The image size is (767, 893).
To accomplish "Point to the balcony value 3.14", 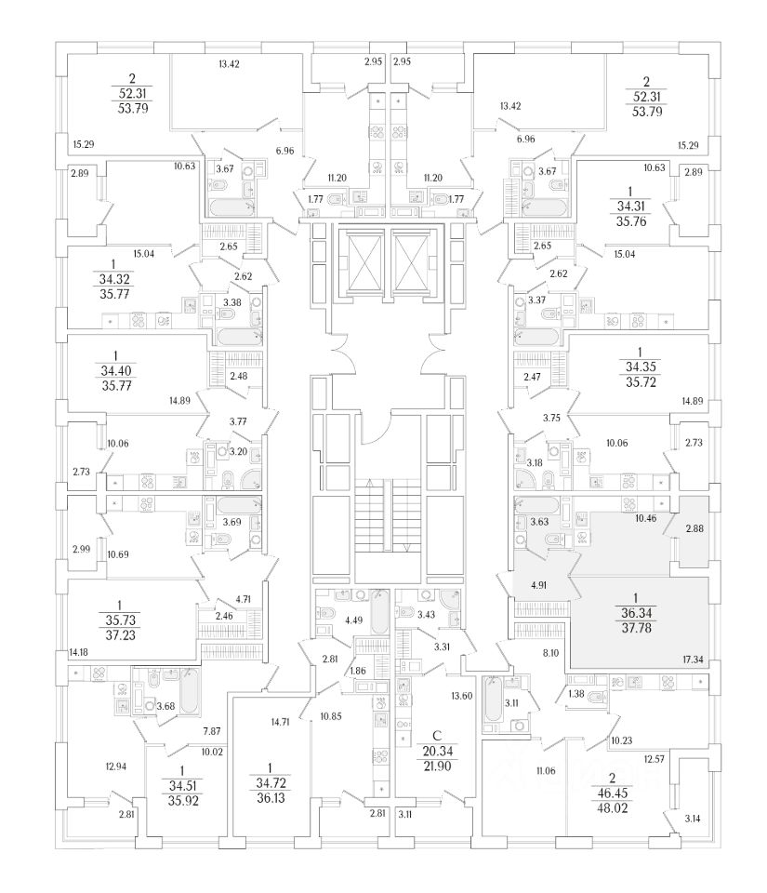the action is [x=694, y=819].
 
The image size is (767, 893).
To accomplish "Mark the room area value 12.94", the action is [x=117, y=766].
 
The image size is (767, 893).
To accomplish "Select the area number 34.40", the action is [x=114, y=370].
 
